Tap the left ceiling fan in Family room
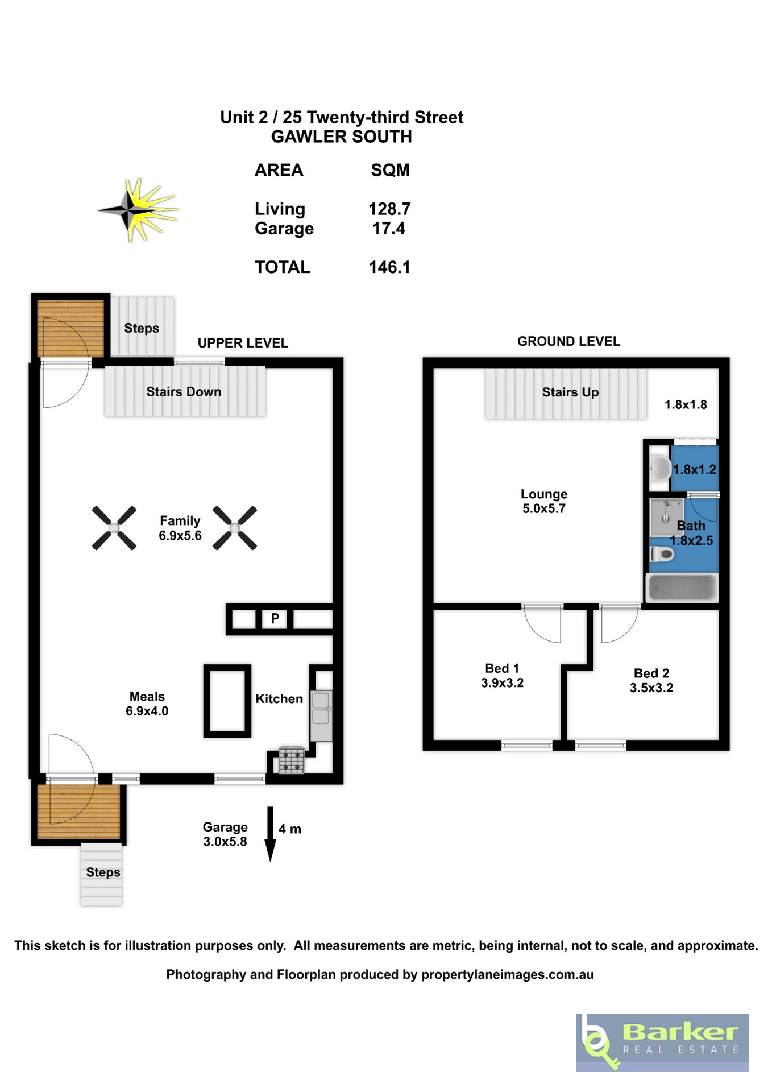click(114, 528)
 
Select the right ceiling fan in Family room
click(235, 528)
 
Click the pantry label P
click(275, 618)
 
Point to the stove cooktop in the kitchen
click(292, 760)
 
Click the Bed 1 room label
click(502, 668)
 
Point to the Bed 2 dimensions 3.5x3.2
click(651, 688)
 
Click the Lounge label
click(544, 494)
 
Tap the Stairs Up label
click(570, 392)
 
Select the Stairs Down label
click(184, 391)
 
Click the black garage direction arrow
click(271, 834)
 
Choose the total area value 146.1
click(389, 267)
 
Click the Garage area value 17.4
click(389, 228)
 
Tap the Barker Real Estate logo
click(662, 1043)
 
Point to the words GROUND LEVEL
click(568, 341)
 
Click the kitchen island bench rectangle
click(227, 701)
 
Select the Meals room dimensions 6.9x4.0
click(147, 711)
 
